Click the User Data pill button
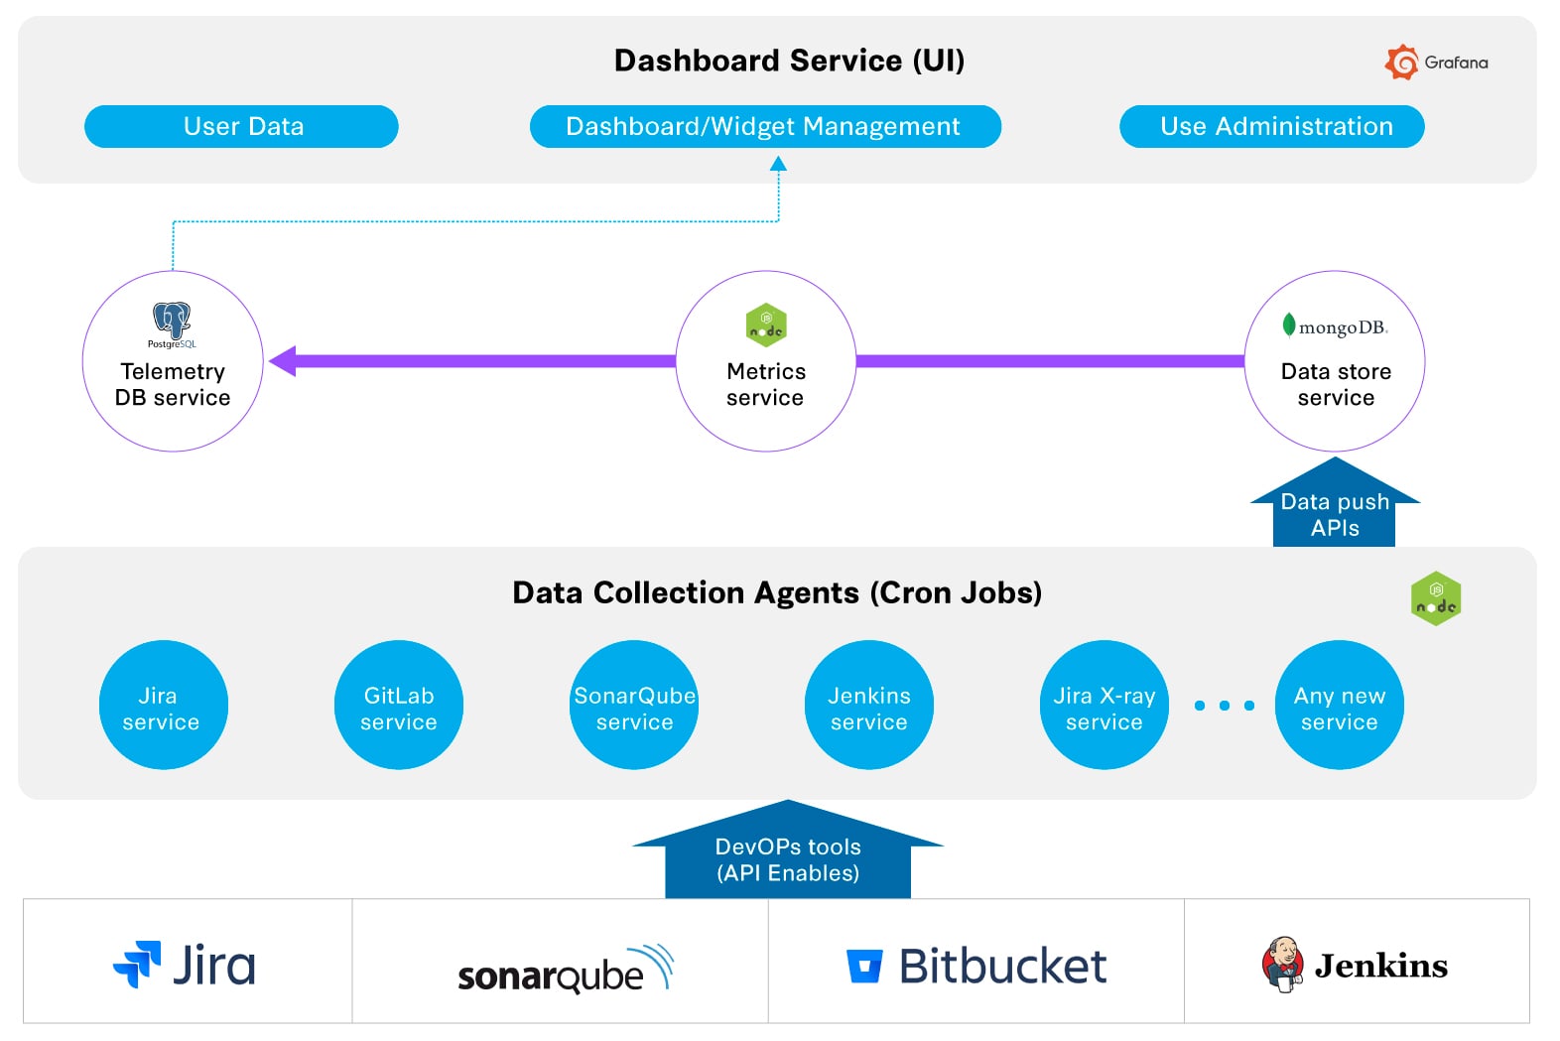point(241,127)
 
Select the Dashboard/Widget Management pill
point(764,127)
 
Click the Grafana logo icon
point(1401,62)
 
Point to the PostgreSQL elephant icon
point(172,320)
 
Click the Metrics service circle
point(765,361)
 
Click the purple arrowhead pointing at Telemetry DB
point(284,361)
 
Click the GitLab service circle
point(399,705)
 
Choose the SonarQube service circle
point(634,705)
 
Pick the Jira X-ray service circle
point(1104,705)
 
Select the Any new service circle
point(1339,705)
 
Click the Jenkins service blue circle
point(868,705)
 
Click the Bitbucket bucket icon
point(863,966)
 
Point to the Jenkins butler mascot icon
point(1281,963)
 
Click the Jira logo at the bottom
point(185,965)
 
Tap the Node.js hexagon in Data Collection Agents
point(1435,598)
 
